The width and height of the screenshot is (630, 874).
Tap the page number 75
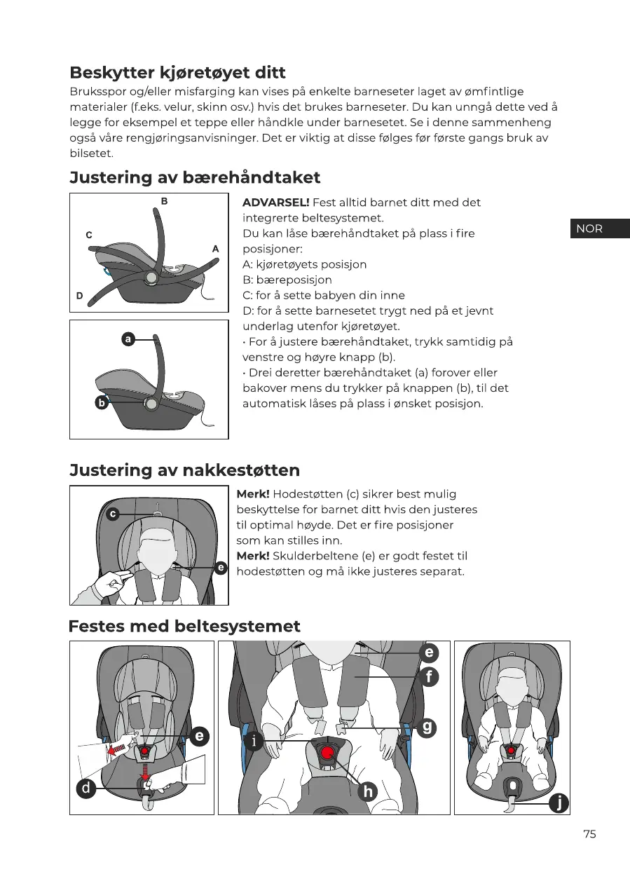[589, 834]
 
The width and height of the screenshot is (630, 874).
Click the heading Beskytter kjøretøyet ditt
[177, 72]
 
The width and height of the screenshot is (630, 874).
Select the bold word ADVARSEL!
[275, 203]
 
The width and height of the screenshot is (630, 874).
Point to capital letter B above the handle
[164, 201]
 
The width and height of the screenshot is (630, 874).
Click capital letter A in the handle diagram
[215, 248]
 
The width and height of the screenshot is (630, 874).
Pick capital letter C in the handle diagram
[89, 235]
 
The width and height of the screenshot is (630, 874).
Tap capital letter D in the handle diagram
[80, 296]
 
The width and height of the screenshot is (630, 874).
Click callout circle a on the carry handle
[128, 339]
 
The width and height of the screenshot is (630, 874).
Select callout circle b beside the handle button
[102, 403]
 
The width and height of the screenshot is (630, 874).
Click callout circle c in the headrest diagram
[111, 514]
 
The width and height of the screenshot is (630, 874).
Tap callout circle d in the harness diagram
[85, 788]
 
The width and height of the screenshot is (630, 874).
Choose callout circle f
[428, 677]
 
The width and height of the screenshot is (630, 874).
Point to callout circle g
[427, 727]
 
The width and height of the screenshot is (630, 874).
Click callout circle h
[367, 791]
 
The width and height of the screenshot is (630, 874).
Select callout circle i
[254, 740]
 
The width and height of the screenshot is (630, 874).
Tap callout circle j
[559, 803]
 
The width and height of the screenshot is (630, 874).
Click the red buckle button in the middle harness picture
[327, 753]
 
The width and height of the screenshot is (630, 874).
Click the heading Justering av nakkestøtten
[185, 470]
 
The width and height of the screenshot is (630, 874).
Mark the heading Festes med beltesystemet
[184, 626]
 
